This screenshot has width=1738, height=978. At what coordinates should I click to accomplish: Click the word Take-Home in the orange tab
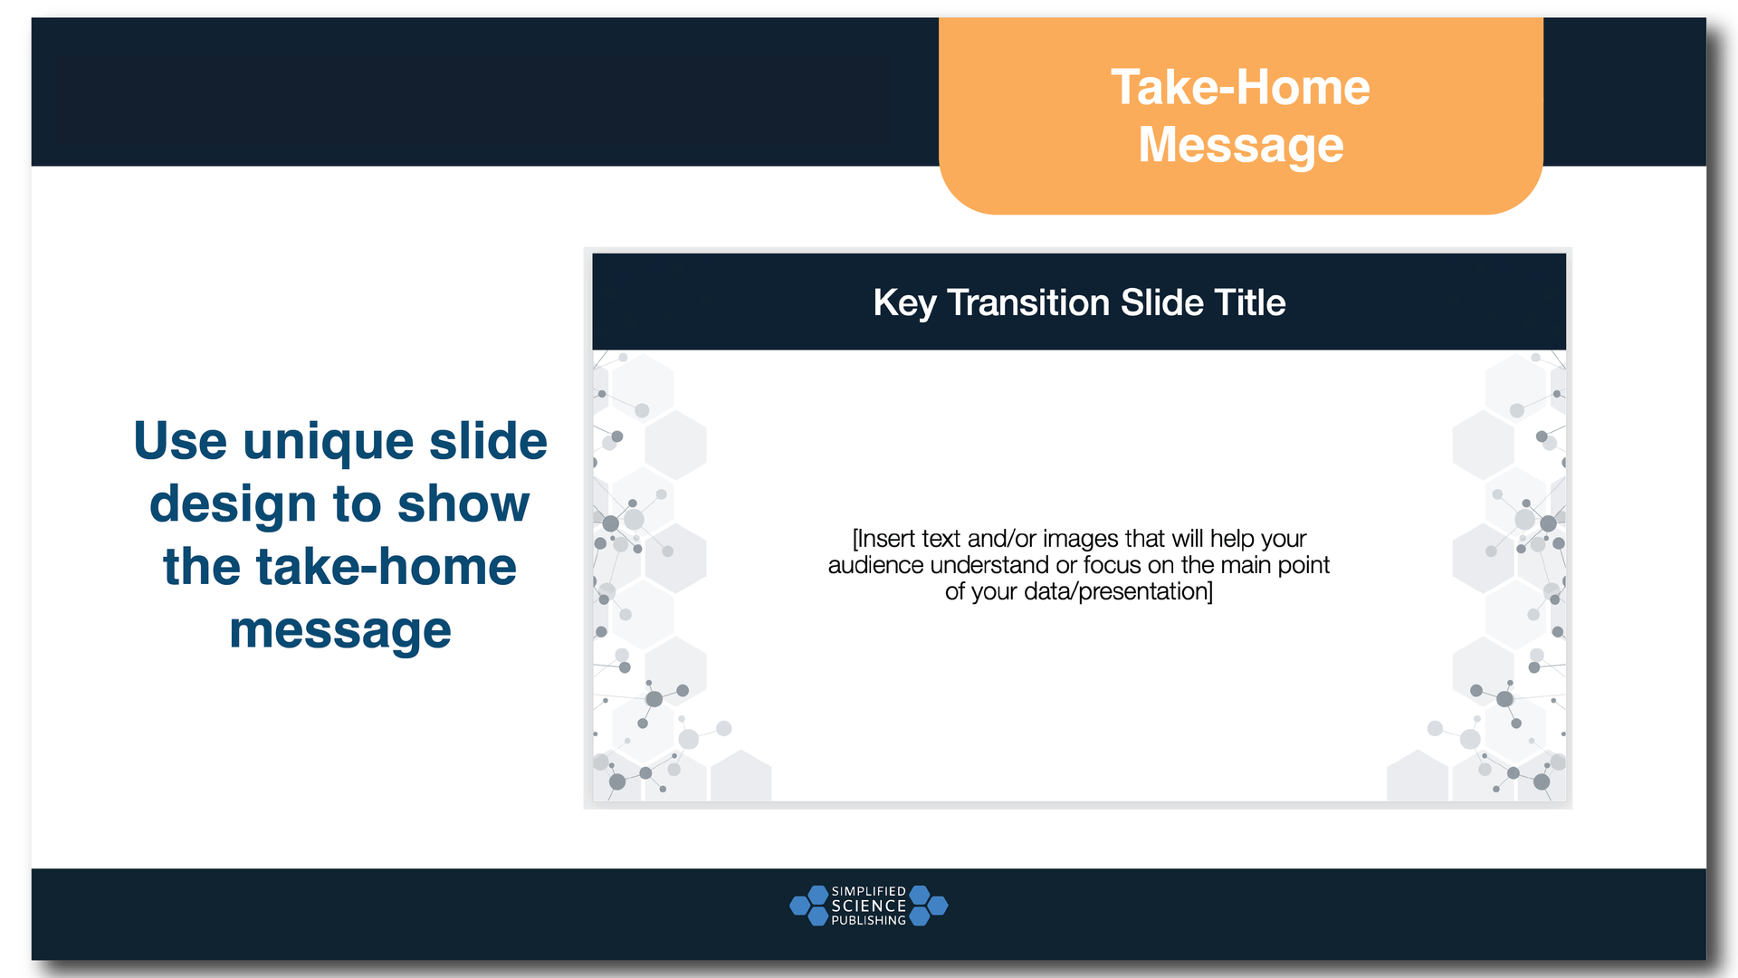(1240, 88)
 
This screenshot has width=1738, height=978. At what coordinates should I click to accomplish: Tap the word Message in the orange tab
(1240, 145)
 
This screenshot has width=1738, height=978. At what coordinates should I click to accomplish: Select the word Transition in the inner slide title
(1028, 302)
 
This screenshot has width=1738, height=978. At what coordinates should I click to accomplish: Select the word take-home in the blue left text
(387, 567)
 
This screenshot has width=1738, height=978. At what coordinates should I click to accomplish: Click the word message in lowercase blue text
(339, 630)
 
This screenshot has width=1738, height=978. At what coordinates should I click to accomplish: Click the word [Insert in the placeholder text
(883, 539)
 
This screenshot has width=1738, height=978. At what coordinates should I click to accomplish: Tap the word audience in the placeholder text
(875, 565)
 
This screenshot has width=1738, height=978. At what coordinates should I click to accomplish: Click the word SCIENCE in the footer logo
(868, 906)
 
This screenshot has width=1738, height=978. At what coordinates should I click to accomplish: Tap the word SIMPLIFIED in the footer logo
(868, 891)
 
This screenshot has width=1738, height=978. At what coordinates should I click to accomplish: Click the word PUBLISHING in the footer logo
(868, 920)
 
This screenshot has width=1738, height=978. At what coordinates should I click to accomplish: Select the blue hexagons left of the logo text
(809, 906)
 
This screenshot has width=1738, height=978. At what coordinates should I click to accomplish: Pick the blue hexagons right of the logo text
(928, 906)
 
